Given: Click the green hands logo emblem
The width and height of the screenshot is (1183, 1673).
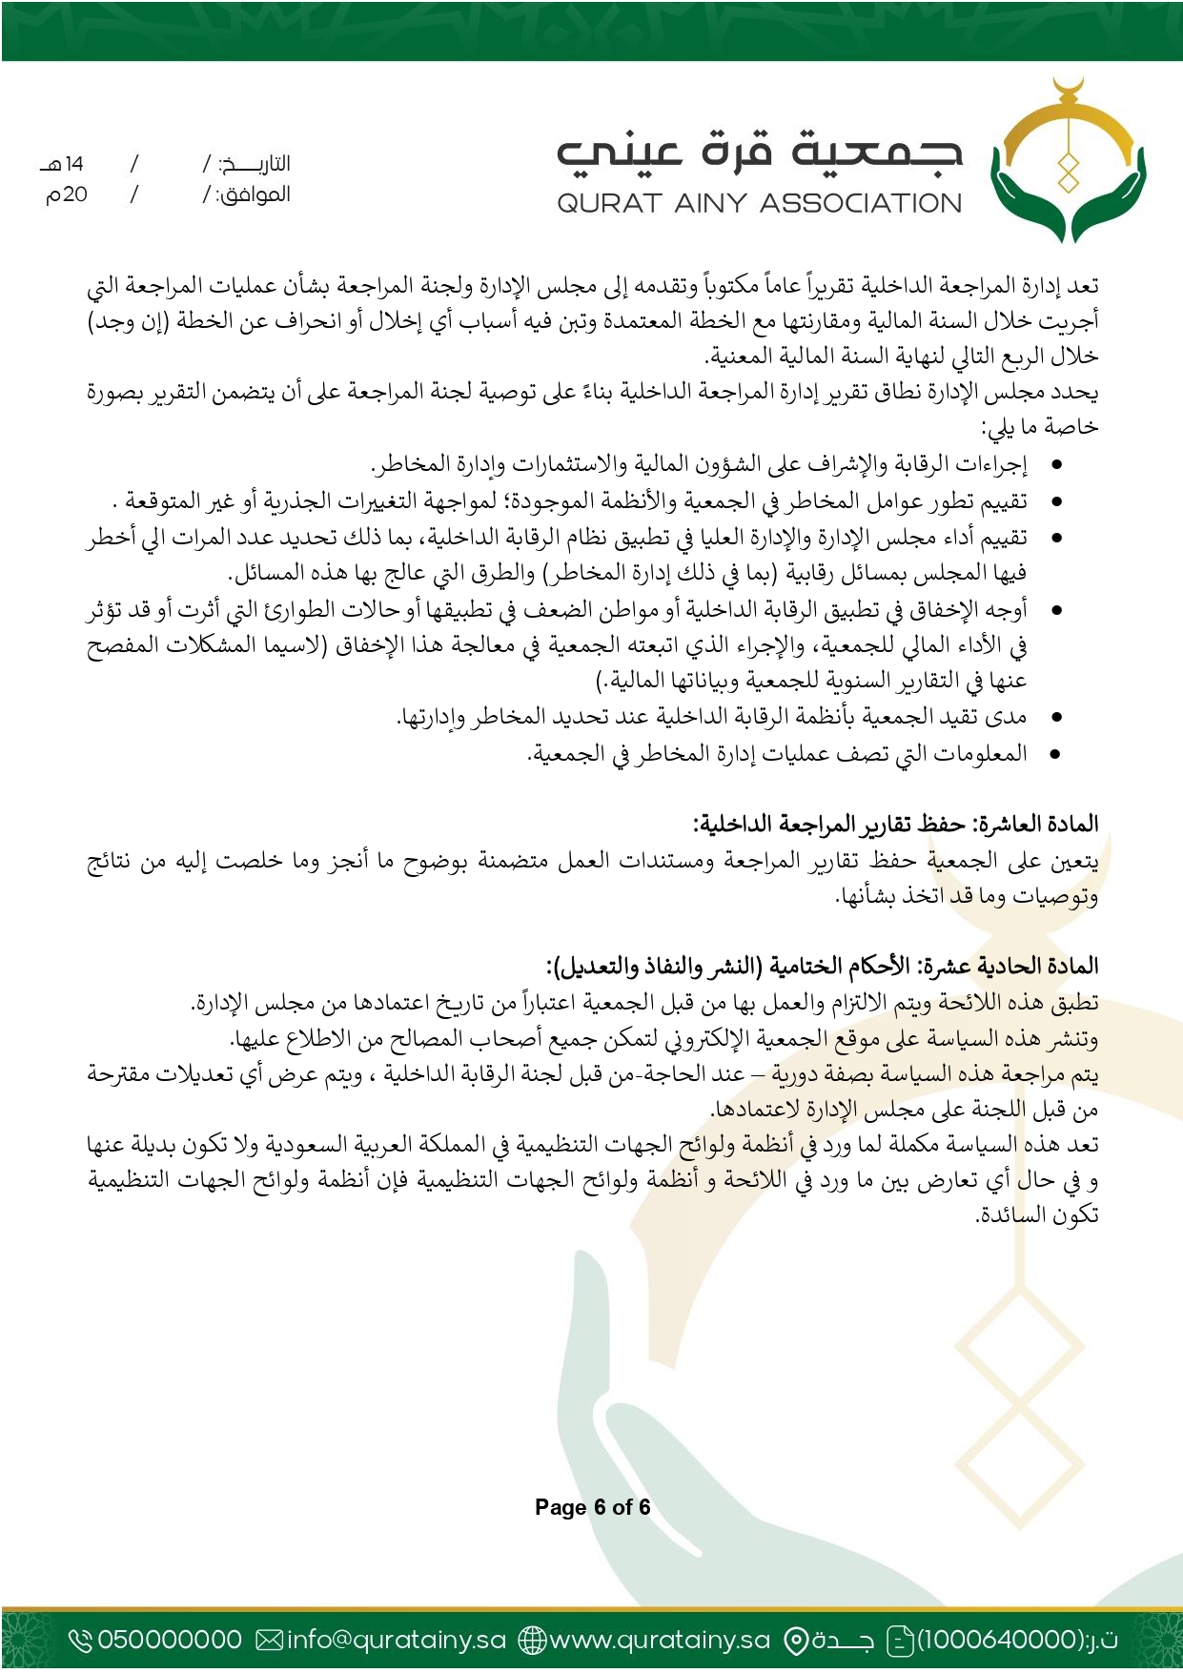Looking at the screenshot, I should click(x=1068, y=162).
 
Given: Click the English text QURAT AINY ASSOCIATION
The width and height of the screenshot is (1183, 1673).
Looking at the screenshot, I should click(x=759, y=203).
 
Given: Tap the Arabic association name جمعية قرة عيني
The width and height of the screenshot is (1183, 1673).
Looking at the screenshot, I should click(x=759, y=153).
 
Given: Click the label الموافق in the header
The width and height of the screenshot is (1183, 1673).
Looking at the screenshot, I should click(x=254, y=195).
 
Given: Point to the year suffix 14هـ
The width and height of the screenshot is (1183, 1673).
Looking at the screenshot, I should click(x=63, y=164).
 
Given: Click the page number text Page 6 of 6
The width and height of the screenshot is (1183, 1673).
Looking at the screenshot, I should click(x=592, y=1507).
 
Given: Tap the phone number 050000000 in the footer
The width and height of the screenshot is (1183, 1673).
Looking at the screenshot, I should click(x=170, y=1640).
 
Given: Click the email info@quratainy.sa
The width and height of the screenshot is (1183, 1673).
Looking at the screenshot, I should click(x=397, y=1640).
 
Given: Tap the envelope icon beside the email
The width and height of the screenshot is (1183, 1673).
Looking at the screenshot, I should click(x=270, y=1640).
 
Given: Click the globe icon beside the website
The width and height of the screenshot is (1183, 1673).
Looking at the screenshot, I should click(x=532, y=1640).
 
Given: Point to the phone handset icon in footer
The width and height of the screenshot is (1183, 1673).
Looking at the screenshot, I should click(x=81, y=1640).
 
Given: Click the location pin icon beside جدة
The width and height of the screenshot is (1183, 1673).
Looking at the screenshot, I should click(x=796, y=1640).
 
